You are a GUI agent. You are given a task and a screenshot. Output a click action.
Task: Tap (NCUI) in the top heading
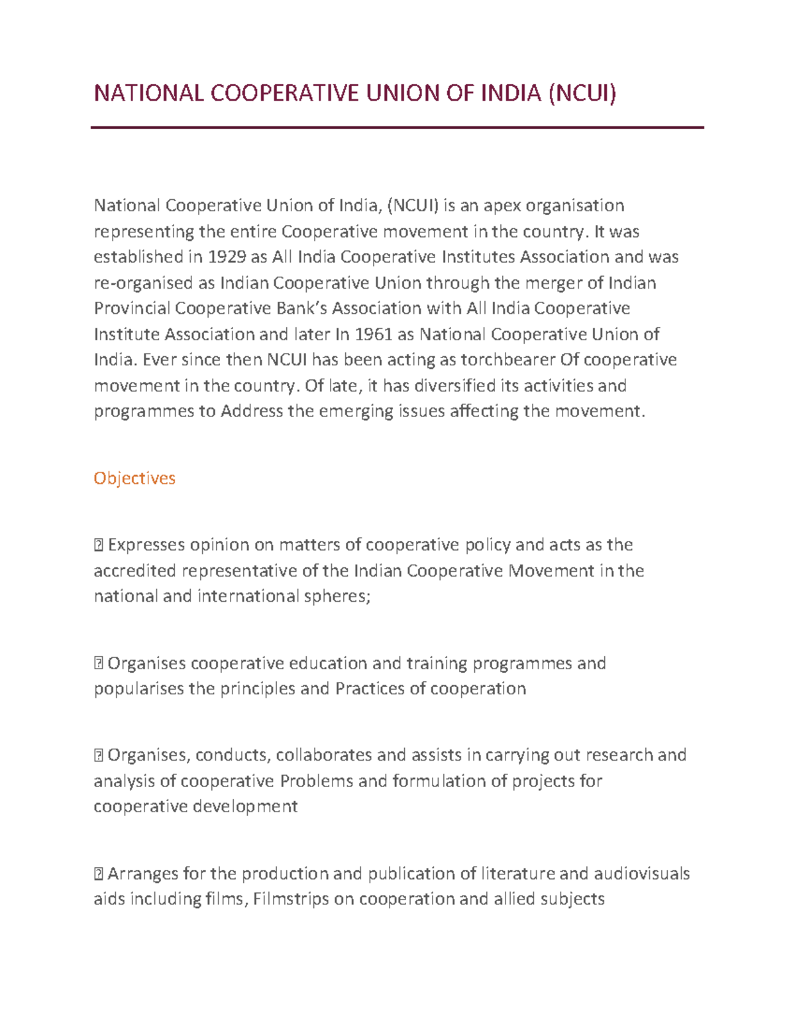(581, 93)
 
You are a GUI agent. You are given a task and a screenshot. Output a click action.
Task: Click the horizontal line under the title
(397, 128)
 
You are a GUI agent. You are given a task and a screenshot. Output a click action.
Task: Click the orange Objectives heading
(134, 478)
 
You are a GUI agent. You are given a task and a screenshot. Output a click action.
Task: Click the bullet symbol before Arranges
(98, 874)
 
